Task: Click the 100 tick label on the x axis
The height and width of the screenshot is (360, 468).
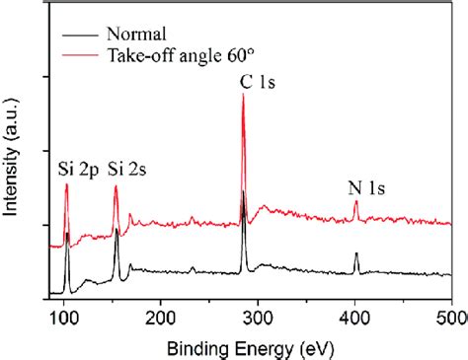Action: click(63, 318)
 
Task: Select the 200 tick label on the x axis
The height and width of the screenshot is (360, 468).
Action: click(160, 318)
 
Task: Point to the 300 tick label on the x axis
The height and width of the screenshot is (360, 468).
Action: click(258, 318)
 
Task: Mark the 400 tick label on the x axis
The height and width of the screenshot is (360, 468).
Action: click(355, 318)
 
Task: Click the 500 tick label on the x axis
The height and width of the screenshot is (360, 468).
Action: click(450, 318)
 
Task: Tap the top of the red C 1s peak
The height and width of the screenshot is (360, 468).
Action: click(243, 95)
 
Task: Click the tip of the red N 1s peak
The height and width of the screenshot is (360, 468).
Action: click(356, 201)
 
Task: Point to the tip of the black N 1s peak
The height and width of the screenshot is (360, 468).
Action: click(356, 252)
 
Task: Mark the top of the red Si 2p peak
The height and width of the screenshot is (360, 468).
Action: click(67, 184)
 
